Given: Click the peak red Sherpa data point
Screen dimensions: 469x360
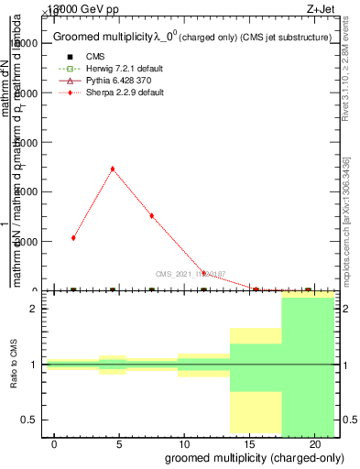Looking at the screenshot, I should click(x=113, y=169).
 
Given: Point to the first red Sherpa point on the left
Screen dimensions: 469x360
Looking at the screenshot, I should click(x=73, y=238).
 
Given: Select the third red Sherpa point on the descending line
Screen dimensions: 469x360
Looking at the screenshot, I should click(x=151, y=215).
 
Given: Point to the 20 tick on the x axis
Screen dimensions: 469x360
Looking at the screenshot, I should click(x=314, y=443).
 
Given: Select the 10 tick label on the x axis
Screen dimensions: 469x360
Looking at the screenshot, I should click(x=184, y=443).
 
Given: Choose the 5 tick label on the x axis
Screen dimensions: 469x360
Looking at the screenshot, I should click(x=119, y=443).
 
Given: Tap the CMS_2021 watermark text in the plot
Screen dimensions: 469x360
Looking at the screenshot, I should click(x=190, y=273).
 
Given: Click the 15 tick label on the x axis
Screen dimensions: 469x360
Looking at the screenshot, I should click(x=249, y=443).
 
